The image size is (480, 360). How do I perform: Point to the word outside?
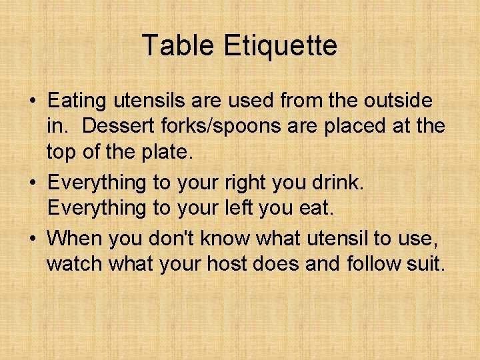coord(398,101)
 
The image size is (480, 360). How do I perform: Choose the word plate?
coord(163,152)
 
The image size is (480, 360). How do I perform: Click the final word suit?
coord(426,263)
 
